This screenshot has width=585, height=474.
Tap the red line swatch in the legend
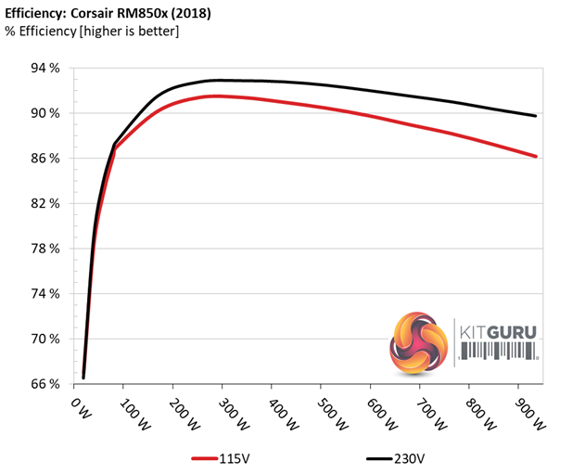(206, 457)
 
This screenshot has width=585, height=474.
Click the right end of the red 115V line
(536, 156)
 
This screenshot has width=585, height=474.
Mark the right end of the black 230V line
(536, 116)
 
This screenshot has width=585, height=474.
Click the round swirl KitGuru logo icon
(420, 342)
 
